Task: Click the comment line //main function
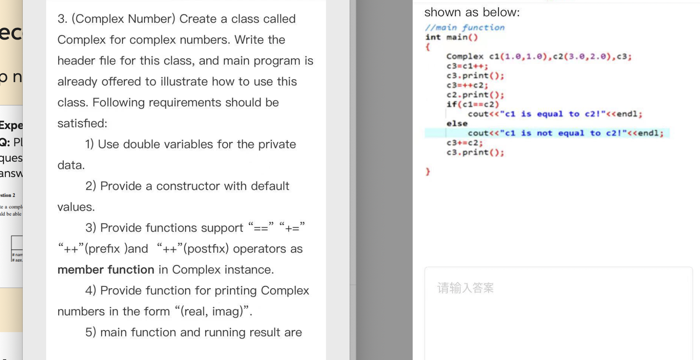point(465,27)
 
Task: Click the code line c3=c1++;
point(467,66)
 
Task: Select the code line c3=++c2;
point(467,85)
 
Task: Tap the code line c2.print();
point(475,95)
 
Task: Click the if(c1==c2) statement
point(472,104)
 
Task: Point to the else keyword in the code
point(457,124)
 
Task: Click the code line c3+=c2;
point(464,143)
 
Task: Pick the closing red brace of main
point(428,171)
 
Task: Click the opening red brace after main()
point(428,47)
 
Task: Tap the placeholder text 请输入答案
point(465,288)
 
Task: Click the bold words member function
point(106,269)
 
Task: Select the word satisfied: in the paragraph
point(82,123)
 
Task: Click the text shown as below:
point(472,12)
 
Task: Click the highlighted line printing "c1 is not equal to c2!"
point(565,133)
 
